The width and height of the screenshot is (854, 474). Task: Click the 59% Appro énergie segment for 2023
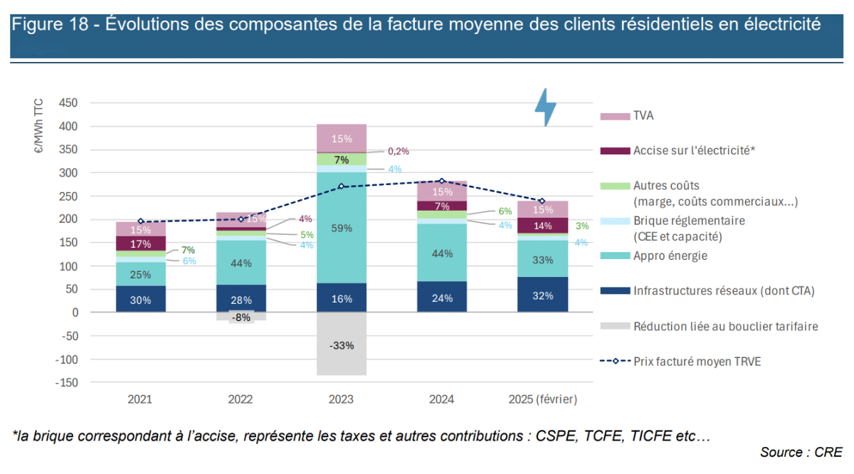click(x=342, y=228)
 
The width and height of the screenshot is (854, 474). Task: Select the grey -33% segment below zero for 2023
click(x=342, y=344)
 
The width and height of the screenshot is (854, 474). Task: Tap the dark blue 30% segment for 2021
click(x=141, y=300)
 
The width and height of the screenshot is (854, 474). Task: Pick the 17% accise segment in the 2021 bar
click(x=141, y=243)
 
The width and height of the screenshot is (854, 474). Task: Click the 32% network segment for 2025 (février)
click(x=542, y=295)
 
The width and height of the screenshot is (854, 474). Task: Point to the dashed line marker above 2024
click(x=442, y=181)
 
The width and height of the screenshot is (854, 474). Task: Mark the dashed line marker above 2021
click(x=141, y=221)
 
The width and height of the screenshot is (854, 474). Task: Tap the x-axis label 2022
click(x=241, y=400)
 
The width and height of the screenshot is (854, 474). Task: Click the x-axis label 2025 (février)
click(x=542, y=400)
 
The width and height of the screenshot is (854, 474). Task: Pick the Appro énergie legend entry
click(x=670, y=256)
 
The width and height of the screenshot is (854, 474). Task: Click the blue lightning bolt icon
click(x=546, y=107)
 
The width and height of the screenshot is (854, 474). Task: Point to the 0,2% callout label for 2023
click(x=398, y=152)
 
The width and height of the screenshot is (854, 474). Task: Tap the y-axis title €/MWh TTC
click(x=38, y=127)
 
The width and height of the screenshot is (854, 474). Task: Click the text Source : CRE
click(x=801, y=452)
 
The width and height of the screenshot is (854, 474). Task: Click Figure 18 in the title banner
click(x=53, y=25)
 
